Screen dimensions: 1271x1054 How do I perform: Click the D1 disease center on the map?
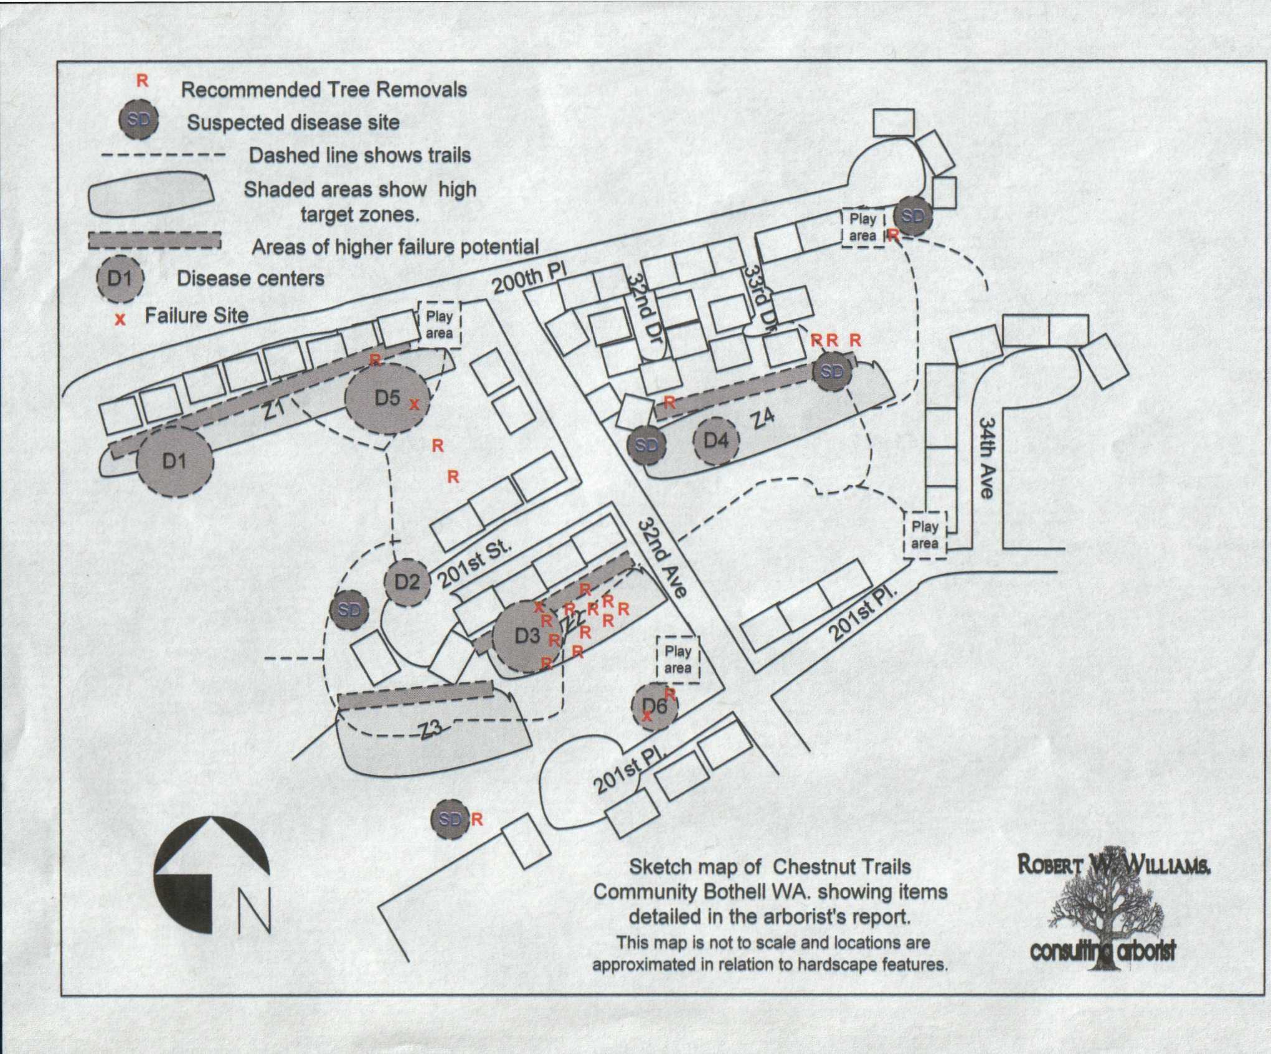175,461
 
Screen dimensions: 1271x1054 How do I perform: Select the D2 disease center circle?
407,581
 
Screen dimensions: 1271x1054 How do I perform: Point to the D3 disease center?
527,636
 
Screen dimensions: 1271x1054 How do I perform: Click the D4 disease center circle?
716,440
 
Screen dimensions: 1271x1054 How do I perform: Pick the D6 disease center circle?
654,706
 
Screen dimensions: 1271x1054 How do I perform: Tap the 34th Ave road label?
986,458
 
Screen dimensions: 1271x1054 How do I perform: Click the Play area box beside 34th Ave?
925,534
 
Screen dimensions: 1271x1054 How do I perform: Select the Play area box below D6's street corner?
678,659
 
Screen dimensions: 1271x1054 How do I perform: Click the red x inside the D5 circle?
414,405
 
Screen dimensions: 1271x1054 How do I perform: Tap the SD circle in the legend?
139,120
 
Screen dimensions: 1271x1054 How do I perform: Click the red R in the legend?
143,80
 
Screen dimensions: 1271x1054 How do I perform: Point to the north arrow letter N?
254,909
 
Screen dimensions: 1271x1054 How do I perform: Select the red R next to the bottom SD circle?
476,819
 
